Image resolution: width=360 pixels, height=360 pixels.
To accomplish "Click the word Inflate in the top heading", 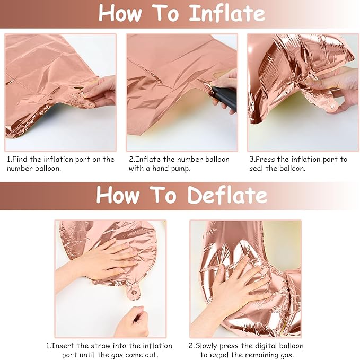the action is tap(227, 13).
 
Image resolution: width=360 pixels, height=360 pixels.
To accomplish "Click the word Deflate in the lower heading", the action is tap(227, 195).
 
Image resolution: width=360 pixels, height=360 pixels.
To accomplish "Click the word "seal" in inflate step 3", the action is tap(256, 168).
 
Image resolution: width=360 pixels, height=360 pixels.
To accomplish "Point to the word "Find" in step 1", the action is tap(20, 159).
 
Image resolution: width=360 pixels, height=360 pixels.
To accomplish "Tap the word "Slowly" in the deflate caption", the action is tap(206, 346).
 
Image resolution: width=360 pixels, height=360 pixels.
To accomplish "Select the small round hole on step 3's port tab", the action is tap(332, 106).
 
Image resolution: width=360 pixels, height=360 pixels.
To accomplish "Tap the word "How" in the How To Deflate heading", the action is tap(118, 195).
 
